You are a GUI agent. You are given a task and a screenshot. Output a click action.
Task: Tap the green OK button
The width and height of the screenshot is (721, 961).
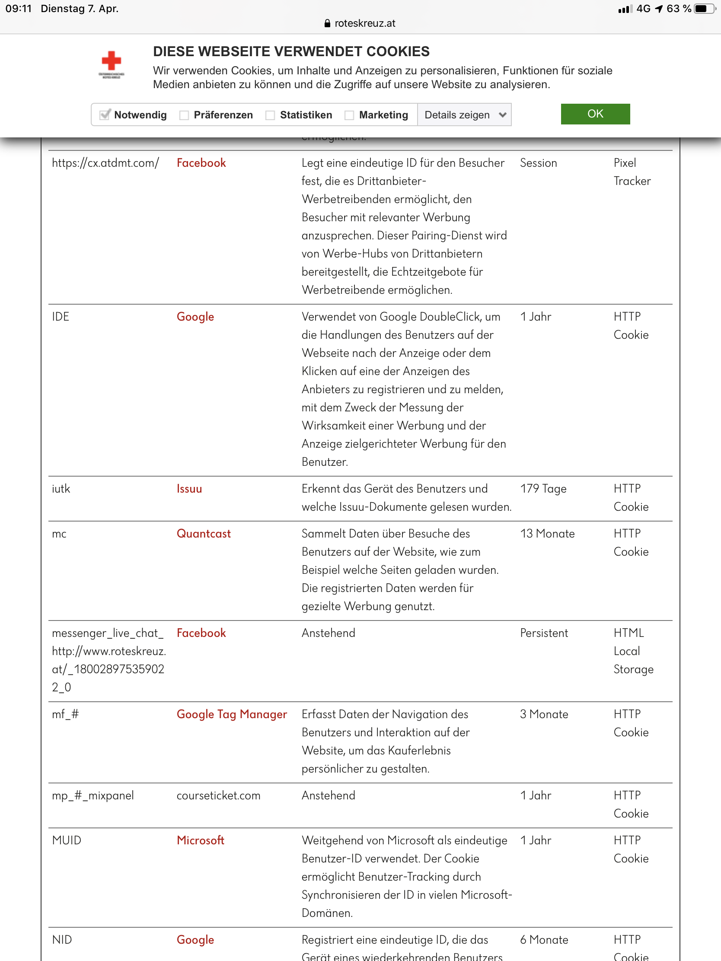pos(595,114)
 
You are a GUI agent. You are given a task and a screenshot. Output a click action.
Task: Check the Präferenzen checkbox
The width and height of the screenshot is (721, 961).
pos(184,115)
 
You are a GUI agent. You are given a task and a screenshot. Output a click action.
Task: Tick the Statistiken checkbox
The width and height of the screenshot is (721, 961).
pos(270,115)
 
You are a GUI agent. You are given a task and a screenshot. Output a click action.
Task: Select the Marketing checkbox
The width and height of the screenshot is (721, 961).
pos(349,115)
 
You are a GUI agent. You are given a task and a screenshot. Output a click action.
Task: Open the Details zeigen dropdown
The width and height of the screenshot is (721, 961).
pos(464,115)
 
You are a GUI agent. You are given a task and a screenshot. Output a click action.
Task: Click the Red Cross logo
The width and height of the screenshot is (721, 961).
pos(111,64)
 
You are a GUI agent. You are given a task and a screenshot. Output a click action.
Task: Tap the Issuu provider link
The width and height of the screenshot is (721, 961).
pos(189,489)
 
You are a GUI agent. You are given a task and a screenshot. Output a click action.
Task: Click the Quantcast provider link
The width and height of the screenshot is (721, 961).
pos(204,534)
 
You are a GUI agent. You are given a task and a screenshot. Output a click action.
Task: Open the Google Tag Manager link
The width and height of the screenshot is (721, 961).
pos(232,714)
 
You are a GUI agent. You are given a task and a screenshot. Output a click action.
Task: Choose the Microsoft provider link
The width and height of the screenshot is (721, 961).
pos(201,840)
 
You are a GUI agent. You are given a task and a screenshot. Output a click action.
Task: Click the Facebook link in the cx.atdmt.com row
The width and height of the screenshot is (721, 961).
pos(201,163)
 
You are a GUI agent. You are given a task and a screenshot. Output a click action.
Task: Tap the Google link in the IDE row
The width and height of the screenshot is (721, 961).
pos(195,317)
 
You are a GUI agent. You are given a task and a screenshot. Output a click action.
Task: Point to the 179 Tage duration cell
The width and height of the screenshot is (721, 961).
pos(543,489)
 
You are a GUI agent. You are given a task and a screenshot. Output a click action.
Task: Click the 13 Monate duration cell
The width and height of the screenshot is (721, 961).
pos(547,534)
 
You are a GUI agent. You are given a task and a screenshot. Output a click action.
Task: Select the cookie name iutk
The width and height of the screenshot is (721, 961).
pos(61,489)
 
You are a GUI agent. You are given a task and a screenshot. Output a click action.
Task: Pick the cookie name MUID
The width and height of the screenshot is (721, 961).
pos(67,840)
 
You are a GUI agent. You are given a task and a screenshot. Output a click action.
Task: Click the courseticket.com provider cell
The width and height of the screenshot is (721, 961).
pos(218,796)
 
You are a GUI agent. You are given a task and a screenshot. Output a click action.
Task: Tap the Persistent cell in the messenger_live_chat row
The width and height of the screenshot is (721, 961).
pos(544,633)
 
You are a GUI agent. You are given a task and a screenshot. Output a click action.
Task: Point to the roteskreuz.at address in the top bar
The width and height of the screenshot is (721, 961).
pos(365,23)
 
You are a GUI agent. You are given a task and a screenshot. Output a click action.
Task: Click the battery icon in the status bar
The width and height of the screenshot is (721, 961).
pos(704,9)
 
